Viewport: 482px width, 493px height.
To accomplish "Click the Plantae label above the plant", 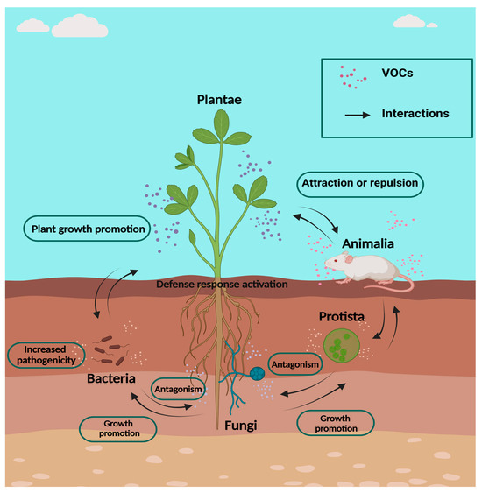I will [x=218, y=101].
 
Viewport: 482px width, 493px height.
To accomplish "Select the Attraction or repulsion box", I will [x=360, y=184].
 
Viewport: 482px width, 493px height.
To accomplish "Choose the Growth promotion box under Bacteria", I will [x=118, y=428].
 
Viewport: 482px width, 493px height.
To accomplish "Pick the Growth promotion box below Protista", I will [x=336, y=423].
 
